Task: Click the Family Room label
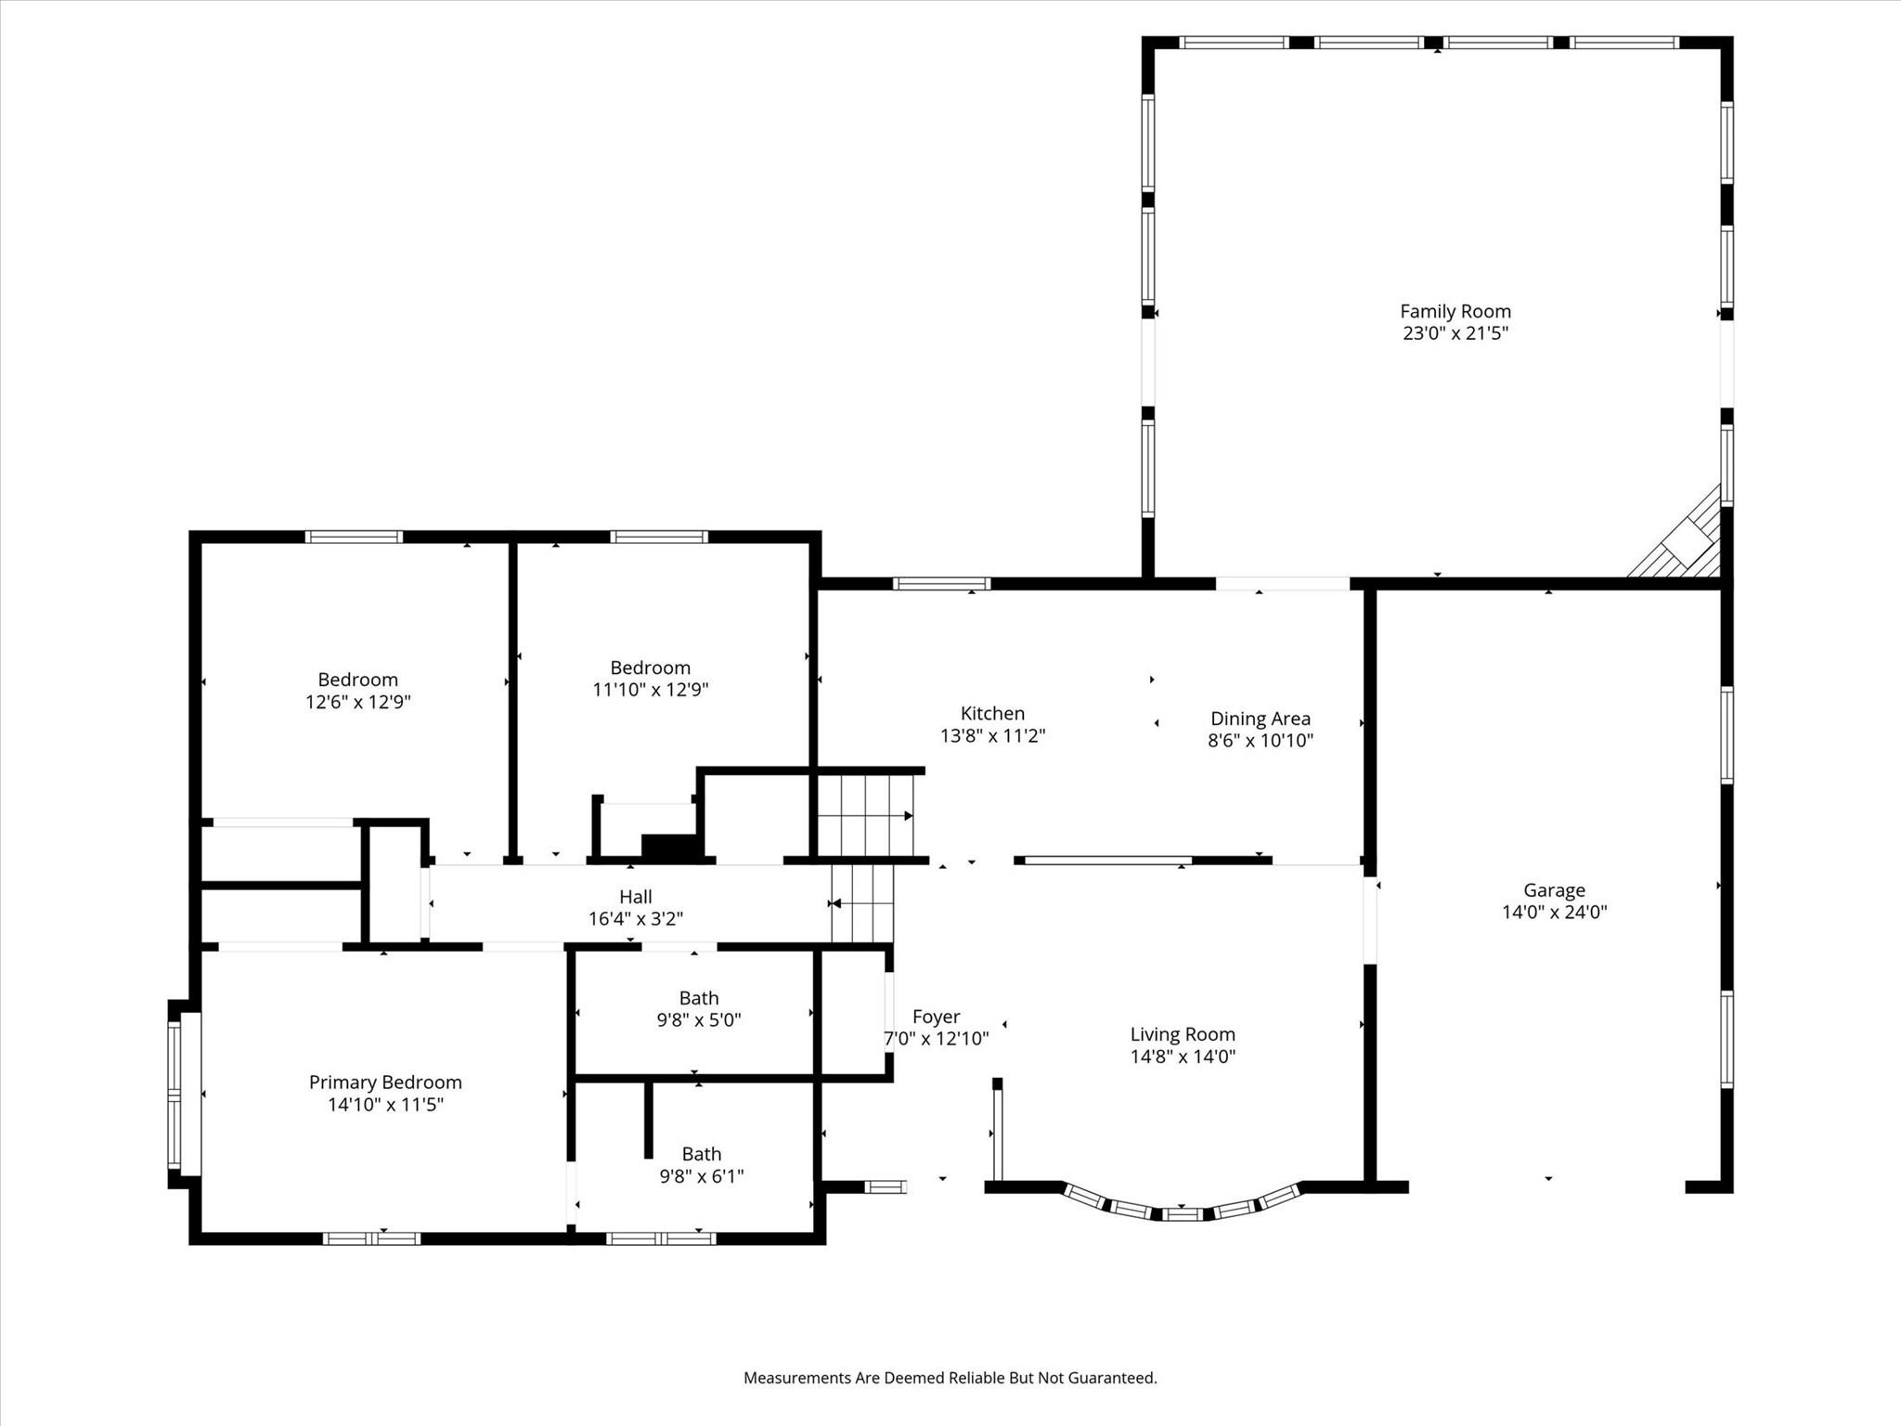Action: coord(1455,312)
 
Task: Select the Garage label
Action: coord(1554,890)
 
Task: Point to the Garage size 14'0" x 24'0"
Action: coord(1554,913)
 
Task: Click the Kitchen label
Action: coord(992,714)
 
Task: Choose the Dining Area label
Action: coord(1260,719)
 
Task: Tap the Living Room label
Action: coord(1182,1034)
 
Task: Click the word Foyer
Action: coord(936,1017)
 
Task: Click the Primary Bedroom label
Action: coord(385,1082)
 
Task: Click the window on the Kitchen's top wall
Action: coord(941,584)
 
